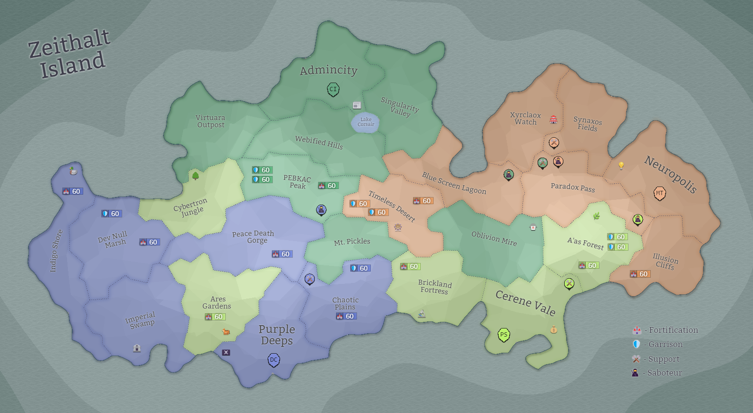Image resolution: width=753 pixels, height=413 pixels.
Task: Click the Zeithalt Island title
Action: pyautogui.click(x=69, y=53)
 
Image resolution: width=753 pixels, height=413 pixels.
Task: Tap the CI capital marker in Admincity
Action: pyautogui.click(x=333, y=89)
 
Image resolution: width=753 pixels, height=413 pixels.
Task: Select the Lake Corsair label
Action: pyautogui.click(x=366, y=122)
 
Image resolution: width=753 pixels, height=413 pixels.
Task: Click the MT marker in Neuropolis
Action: pyautogui.click(x=659, y=193)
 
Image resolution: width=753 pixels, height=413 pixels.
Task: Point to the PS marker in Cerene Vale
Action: pyautogui.click(x=503, y=335)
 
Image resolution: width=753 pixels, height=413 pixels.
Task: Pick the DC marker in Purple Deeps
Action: pyautogui.click(x=274, y=360)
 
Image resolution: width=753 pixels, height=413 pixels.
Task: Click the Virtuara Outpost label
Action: pyautogui.click(x=211, y=121)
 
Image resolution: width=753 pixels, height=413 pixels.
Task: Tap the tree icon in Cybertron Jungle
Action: pyautogui.click(x=195, y=176)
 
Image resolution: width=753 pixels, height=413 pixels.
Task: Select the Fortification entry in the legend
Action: pyautogui.click(x=666, y=330)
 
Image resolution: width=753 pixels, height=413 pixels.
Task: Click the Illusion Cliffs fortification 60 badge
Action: pyautogui.click(x=639, y=274)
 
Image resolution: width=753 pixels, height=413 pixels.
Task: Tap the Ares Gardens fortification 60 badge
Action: pyautogui.click(x=215, y=317)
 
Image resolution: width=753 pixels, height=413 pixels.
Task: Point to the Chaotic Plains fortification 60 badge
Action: pyautogui.click(x=346, y=316)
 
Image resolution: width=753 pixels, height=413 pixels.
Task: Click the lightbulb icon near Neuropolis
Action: pyautogui.click(x=621, y=165)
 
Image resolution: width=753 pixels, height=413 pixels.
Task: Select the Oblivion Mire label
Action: pyautogui.click(x=494, y=238)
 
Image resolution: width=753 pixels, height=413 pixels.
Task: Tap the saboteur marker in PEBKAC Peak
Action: pyautogui.click(x=321, y=210)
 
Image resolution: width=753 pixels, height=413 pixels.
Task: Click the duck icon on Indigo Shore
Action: pyautogui.click(x=73, y=171)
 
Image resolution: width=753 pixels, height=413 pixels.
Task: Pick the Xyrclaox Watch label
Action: pyautogui.click(x=525, y=118)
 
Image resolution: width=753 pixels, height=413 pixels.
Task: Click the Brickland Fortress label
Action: pyautogui.click(x=434, y=286)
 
